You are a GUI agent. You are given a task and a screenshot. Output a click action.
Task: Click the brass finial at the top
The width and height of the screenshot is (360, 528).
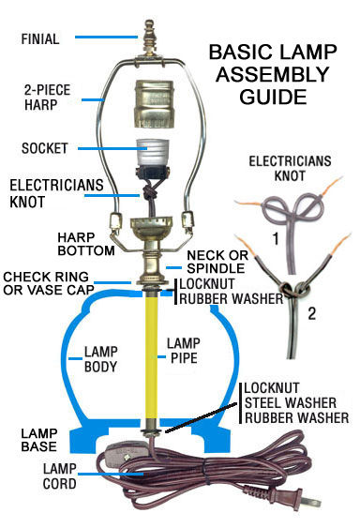click(149, 37)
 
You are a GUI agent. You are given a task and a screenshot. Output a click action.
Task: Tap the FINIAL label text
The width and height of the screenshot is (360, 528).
click(40, 39)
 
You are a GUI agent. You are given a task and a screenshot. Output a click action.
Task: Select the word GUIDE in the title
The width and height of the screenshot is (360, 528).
click(273, 97)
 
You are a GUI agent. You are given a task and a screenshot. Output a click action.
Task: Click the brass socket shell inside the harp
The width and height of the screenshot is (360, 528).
click(153, 103)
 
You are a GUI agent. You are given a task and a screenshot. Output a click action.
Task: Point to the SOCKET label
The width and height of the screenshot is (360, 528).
click(44, 148)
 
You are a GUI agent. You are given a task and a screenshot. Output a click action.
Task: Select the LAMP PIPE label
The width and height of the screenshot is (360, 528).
click(184, 351)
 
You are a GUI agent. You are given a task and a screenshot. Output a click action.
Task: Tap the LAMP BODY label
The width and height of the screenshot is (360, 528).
click(100, 359)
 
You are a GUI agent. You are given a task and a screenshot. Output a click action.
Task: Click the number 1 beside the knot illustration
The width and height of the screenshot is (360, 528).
click(277, 239)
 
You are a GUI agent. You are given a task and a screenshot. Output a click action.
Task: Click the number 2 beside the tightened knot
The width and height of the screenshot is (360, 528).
click(312, 314)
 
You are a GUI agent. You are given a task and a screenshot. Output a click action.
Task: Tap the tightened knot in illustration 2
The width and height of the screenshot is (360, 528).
click(293, 289)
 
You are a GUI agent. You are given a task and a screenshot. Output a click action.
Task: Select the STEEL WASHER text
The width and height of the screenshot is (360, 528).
click(291, 402)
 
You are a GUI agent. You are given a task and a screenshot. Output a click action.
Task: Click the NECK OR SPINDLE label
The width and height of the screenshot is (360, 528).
click(217, 262)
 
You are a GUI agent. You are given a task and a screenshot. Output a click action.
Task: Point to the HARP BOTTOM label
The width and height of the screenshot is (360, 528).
click(86, 244)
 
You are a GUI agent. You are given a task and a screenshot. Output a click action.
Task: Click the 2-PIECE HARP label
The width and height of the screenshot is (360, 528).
click(47, 98)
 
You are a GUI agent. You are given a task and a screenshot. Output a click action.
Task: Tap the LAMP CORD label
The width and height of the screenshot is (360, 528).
click(60, 476)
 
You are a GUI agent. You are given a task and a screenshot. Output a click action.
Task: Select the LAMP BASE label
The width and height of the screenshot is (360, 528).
click(39, 440)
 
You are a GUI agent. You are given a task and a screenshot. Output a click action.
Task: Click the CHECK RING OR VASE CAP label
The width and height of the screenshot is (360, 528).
click(48, 283)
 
